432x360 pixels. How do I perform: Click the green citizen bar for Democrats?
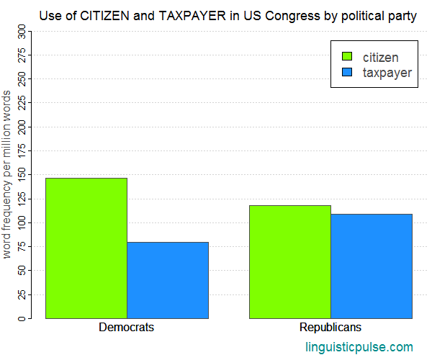click(86, 248)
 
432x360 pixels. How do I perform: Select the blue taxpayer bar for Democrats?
click(168, 280)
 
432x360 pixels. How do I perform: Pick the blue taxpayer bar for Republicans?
click(372, 266)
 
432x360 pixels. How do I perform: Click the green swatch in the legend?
click(346, 57)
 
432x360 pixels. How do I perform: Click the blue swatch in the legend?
click(346, 73)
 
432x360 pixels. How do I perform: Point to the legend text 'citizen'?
click(380, 57)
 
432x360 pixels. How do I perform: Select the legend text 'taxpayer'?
click(387, 73)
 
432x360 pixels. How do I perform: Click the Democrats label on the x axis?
click(127, 327)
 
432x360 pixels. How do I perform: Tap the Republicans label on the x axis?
click(331, 327)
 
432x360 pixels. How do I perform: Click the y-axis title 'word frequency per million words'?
click(7, 174)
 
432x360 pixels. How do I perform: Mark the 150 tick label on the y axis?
click(22, 174)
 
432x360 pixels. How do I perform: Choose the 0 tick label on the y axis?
click(22, 318)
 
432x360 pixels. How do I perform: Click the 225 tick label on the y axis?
click(22, 102)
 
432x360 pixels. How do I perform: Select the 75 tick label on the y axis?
click(22, 246)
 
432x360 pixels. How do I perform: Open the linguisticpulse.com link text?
click(359, 346)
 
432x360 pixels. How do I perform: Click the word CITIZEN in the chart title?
click(106, 15)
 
